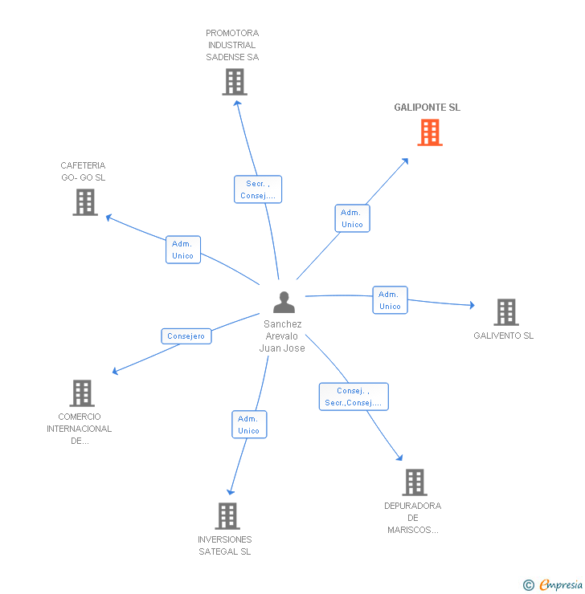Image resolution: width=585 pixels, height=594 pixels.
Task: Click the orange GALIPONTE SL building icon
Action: (x=430, y=132)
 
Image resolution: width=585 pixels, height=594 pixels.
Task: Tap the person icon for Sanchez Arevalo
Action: (x=284, y=302)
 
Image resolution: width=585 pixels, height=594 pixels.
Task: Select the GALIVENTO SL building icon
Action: (x=505, y=312)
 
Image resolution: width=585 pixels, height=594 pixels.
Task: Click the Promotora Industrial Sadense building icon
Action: (x=234, y=82)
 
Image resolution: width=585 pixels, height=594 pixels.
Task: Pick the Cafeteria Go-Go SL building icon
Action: (x=84, y=202)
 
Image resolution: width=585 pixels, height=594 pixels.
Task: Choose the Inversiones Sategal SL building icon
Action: (x=227, y=516)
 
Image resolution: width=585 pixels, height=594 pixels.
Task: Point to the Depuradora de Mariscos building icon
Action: (x=414, y=482)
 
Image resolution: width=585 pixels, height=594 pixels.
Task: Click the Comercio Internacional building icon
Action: (x=82, y=393)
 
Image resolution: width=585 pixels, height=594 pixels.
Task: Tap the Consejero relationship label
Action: (x=186, y=336)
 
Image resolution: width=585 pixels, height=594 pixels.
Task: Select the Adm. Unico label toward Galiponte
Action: (x=352, y=218)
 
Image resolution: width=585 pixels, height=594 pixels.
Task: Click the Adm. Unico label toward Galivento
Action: (x=390, y=300)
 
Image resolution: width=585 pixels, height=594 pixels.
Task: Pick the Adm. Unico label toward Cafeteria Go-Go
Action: (x=182, y=250)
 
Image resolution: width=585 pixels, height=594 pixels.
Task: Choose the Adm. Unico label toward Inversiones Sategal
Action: (x=248, y=425)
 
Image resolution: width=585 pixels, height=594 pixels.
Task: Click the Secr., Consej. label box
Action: (x=258, y=189)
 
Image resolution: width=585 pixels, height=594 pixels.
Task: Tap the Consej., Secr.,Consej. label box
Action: (x=354, y=397)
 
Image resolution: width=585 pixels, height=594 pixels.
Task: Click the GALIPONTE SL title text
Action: (x=427, y=108)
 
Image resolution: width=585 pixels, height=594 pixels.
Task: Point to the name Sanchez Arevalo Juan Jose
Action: (x=282, y=336)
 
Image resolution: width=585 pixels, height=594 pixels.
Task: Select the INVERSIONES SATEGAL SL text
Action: (x=225, y=546)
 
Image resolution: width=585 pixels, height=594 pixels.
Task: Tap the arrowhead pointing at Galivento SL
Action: (x=472, y=305)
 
